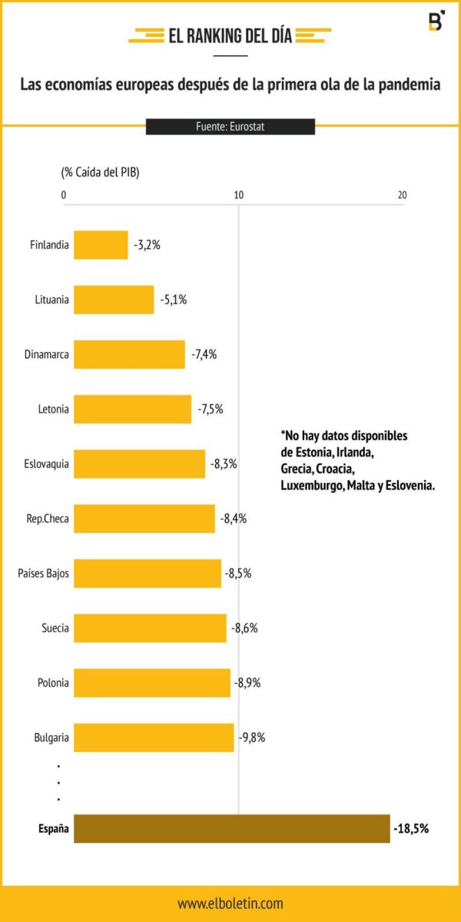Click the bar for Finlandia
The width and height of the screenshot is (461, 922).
[101, 245]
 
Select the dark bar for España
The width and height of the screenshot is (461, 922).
[231, 829]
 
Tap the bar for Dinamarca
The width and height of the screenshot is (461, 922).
[129, 354]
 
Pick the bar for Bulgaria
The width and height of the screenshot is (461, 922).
[154, 738]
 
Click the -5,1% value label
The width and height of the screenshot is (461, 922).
[174, 300]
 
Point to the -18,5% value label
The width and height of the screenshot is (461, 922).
[411, 829]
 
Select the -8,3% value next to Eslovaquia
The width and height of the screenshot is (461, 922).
[224, 464]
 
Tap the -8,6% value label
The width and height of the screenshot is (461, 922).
[244, 628]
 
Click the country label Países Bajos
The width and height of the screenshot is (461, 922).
[44, 573]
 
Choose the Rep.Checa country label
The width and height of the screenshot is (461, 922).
[48, 519]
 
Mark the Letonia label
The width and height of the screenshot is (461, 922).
[53, 409]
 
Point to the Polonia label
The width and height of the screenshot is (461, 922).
[53, 682]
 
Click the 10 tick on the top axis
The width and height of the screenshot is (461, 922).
[239, 195]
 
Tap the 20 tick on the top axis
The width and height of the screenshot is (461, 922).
[402, 195]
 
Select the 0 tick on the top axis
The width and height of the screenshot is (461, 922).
[64, 195]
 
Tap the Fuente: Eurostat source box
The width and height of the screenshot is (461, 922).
[230, 127]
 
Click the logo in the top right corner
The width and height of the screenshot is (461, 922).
[436, 22]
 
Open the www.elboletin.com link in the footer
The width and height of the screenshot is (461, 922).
[230, 904]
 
